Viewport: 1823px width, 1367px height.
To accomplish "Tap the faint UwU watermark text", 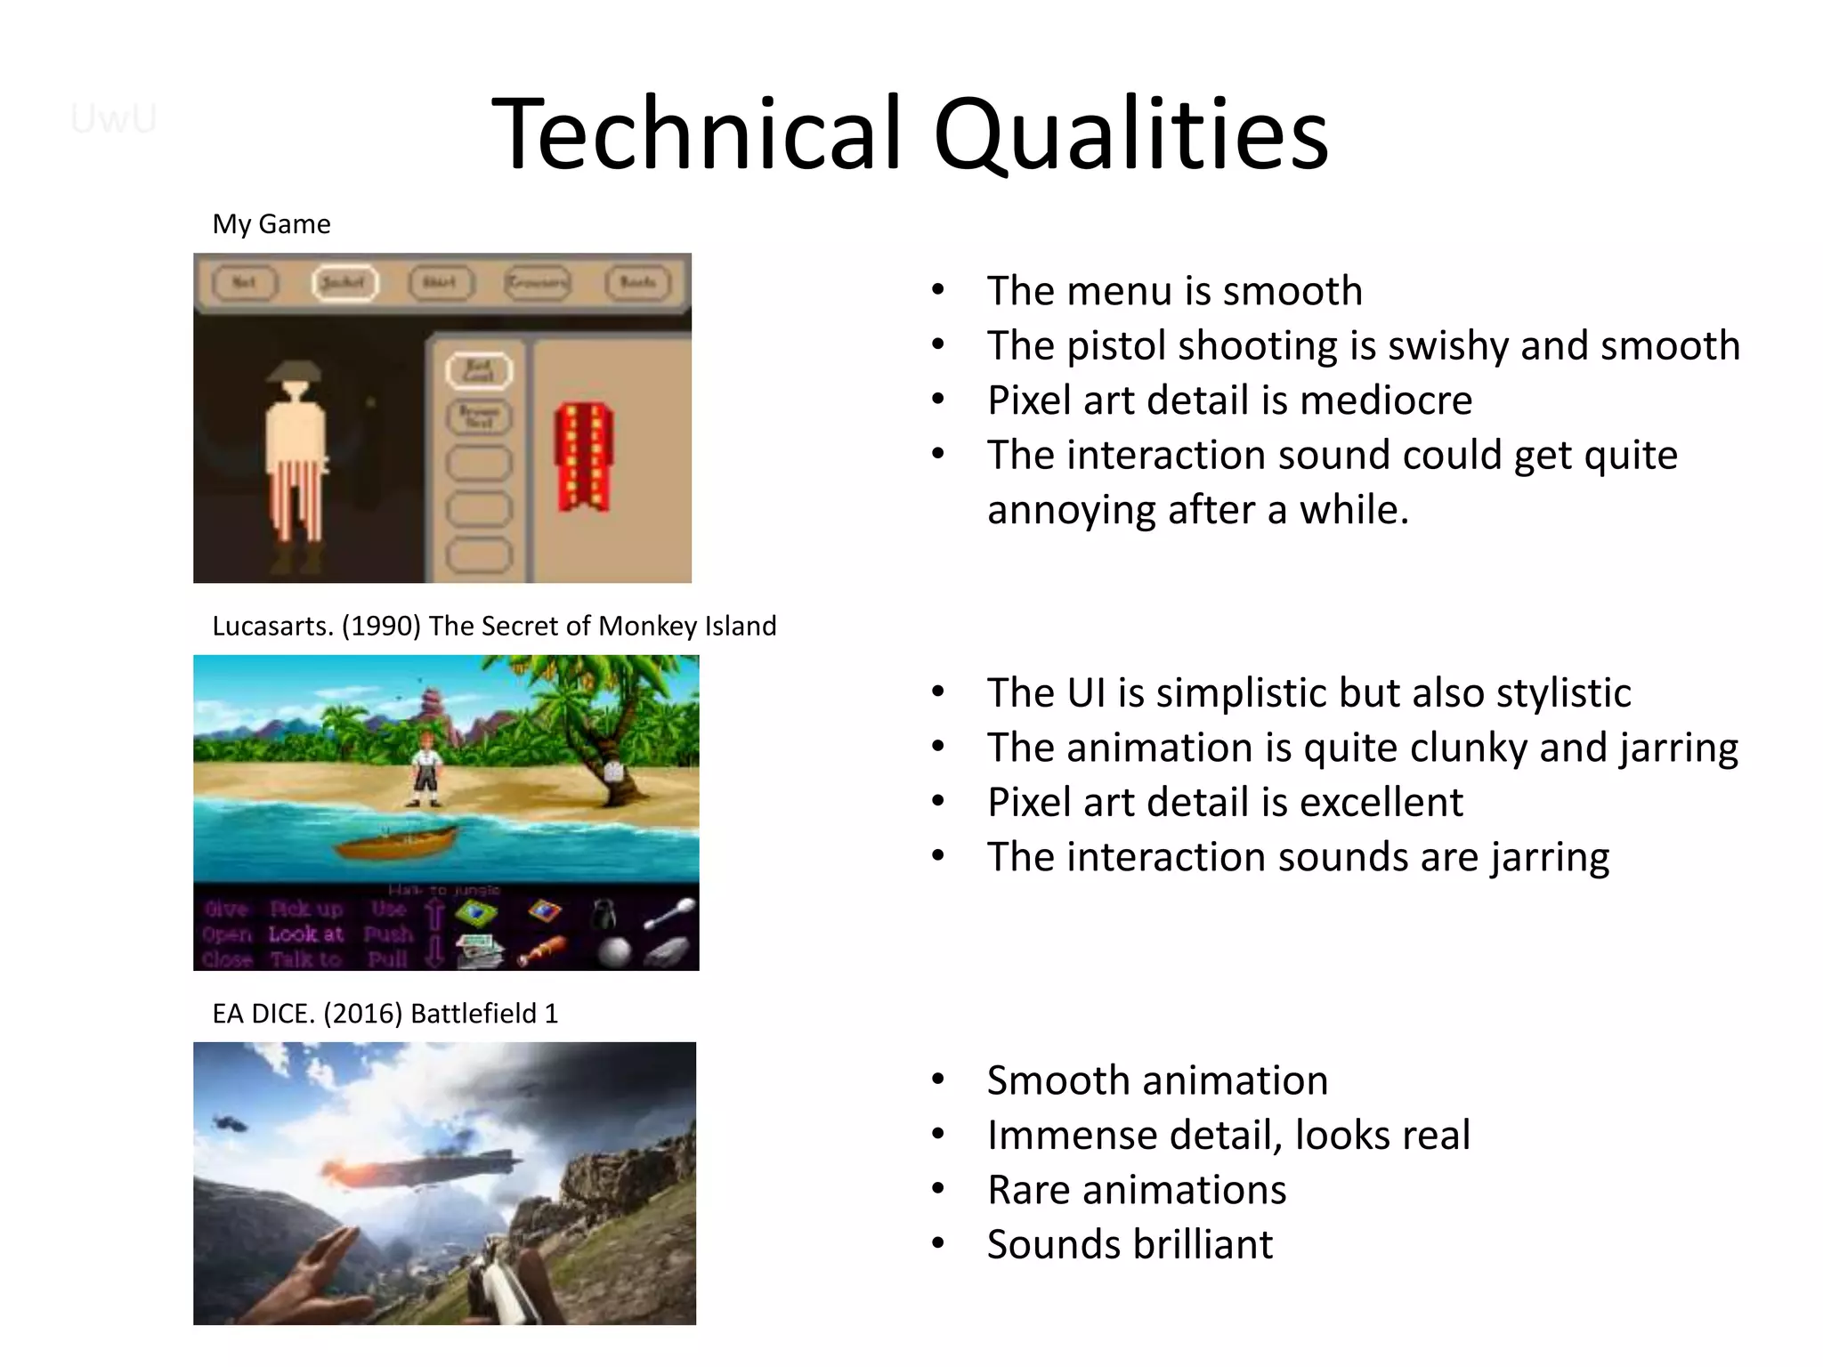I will pyautogui.click(x=113, y=118).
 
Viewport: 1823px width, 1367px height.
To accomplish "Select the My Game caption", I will pyautogui.click(x=271, y=224).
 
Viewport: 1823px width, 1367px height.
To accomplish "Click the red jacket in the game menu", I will pyautogui.click(x=584, y=457).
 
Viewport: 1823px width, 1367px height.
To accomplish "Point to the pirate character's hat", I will pyautogui.click(x=295, y=372).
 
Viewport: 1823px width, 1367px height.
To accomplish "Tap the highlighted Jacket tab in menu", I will pyautogui.click(x=344, y=283).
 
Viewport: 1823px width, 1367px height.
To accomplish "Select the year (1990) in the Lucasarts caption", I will pyautogui.click(x=381, y=627).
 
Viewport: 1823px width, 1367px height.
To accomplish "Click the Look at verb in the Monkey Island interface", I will pyautogui.click(x=305, y=934).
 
